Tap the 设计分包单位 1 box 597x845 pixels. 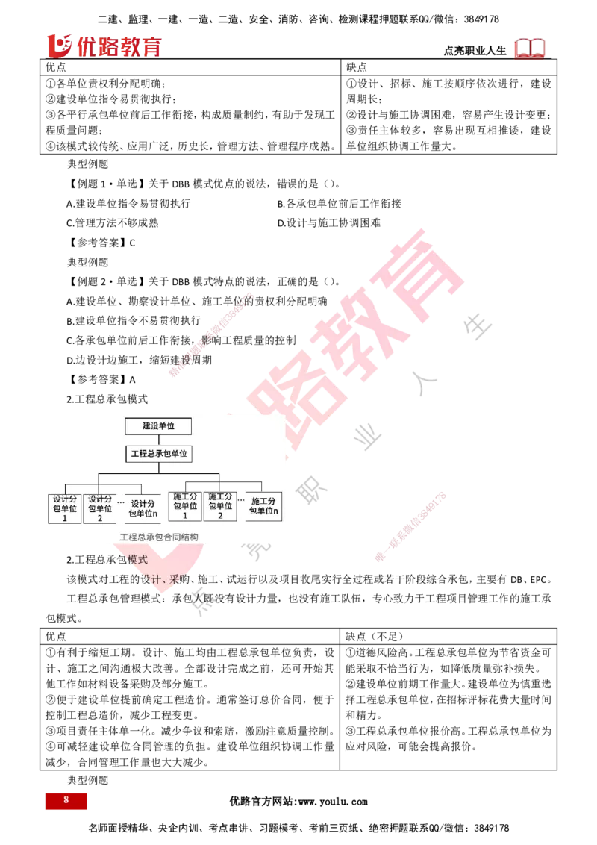65,508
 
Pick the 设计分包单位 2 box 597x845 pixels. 99,508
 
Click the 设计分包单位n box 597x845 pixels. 143,508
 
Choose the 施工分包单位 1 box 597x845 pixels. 185,505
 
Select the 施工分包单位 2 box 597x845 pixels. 220,505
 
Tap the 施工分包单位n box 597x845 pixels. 263,505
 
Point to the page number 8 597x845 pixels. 66,800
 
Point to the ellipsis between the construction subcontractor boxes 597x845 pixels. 241,500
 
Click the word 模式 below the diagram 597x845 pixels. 138,559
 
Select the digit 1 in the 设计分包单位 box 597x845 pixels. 65,518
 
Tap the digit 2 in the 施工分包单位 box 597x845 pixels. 220,515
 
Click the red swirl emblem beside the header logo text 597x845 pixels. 59,46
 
